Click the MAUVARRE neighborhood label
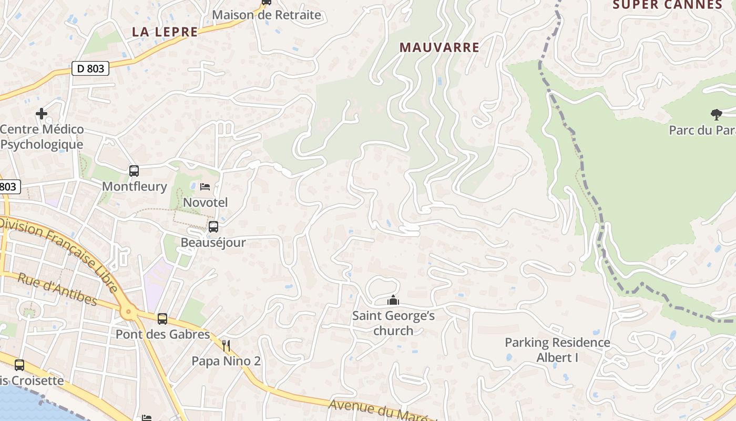pyautogui.click(x=439, y=47)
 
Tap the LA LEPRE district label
pyautogui.click(x=165, y=32)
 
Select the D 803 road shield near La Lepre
pyautogui.click(x=90, y=68)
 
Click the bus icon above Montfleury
pyautogui.click(x=134, y=171)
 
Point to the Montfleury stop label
pyautogui.click(x=134, y=186)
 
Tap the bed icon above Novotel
pyautogui.click(x=205, y=187)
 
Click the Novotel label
pyautogui.click(x=205, y=203)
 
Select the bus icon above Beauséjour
pyautogui.click(x=213, y=227)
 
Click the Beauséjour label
pyautogui.click(x=213, y=243)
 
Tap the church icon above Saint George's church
pyautogui.click(x=393, y=300)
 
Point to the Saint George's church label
pyautogui.click(x=393, y=323)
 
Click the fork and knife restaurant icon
pyautogui.click(x=226, y=345)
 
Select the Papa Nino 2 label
pyautogui.click(x=226, y=361)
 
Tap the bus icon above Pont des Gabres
pyautogui.click(x=162, y=318)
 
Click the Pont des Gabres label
pyautogui.click(x=162, y=334)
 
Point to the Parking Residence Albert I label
pyautogui.click(x=557, y=350)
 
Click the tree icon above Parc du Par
pyautogui.click(x=716, y=114)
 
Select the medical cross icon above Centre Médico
pyautogui.click(x=42, y=113)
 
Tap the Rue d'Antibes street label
pyautogui.click(x=57, y=289)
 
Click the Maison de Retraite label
pyautogui.click(x=267, y=15)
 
